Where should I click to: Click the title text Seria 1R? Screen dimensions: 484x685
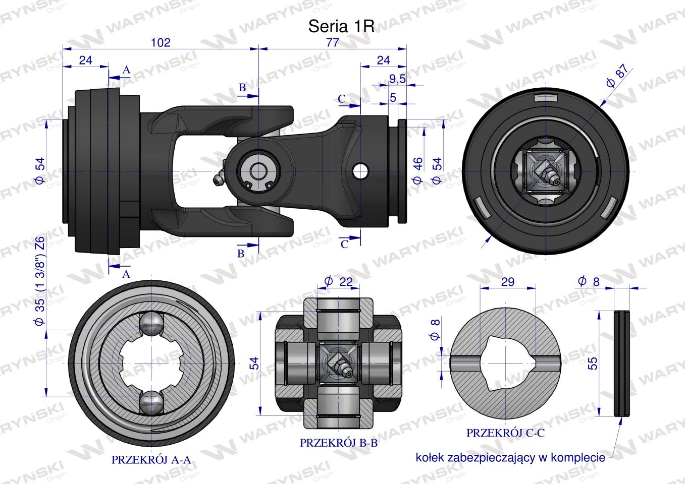341,27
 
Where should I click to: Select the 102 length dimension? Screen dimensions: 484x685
161,42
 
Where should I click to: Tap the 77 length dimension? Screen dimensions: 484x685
332,42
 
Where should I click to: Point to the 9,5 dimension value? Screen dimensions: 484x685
398,79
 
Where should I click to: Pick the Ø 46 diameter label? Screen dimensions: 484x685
417,170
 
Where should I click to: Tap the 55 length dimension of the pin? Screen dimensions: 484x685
593,364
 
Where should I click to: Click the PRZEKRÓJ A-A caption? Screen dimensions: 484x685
150,460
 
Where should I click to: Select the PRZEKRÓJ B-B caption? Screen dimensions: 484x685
339,443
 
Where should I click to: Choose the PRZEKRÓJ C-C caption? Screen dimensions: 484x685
505,433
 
